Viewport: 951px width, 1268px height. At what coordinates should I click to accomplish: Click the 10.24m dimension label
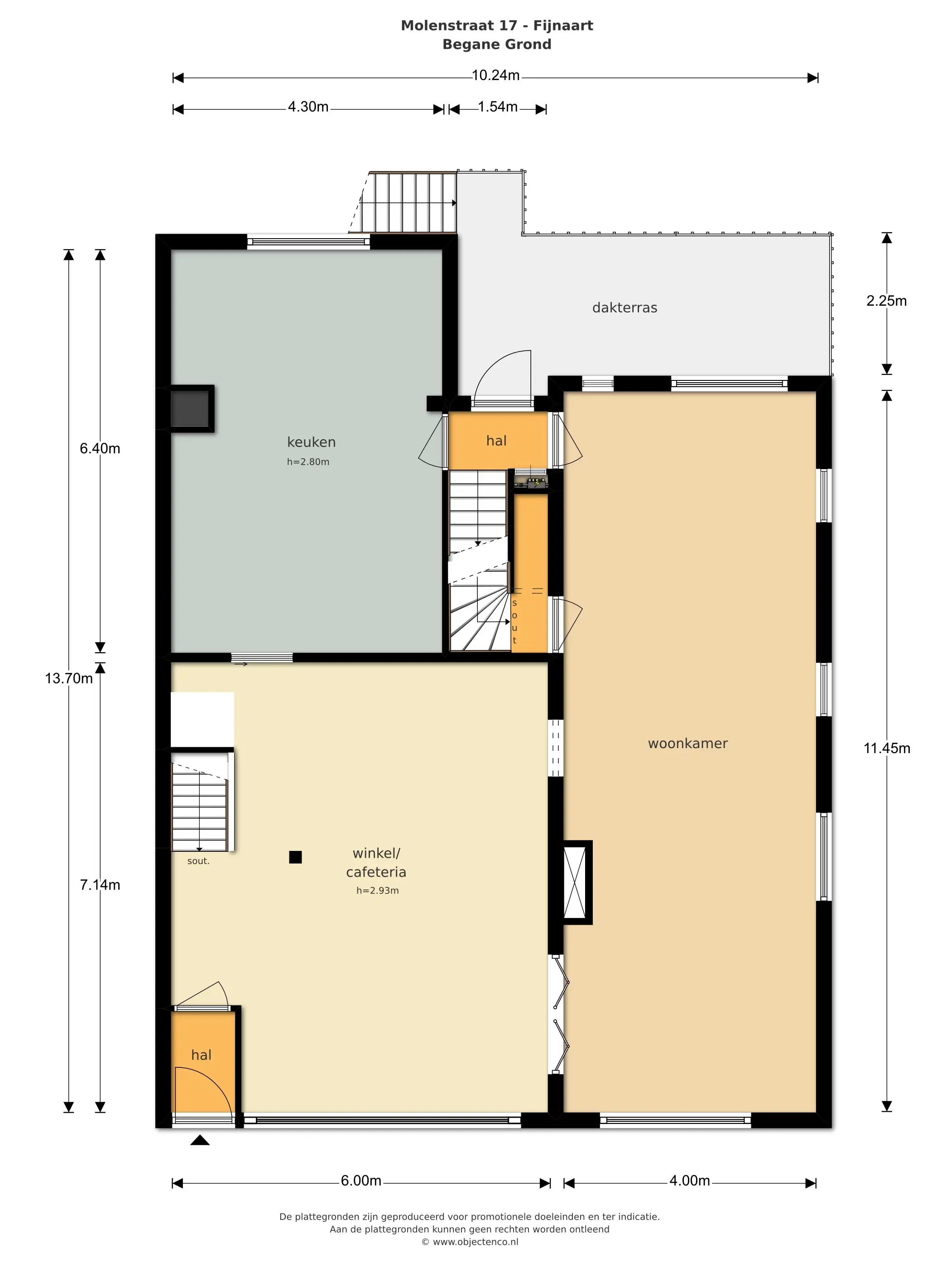[495, 76]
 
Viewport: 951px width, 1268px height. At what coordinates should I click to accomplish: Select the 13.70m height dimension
[69, 679]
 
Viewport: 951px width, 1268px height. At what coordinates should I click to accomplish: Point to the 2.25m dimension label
[886, 301]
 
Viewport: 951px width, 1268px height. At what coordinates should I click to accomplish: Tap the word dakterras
[624, 308]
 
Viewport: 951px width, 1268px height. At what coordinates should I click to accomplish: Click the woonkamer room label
[687, 744]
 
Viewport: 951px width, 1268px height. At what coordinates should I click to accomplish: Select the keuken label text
[311, 442]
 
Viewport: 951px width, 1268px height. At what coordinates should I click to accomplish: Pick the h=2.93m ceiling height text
[377, 890]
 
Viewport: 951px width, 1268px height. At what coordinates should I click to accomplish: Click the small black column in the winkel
[295, 857]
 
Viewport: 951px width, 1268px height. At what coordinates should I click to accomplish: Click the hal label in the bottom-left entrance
[201, 1055]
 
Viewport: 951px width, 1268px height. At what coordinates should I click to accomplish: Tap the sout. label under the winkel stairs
[198, 861]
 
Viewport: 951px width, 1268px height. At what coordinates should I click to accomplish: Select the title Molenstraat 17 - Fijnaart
[496, 26]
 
